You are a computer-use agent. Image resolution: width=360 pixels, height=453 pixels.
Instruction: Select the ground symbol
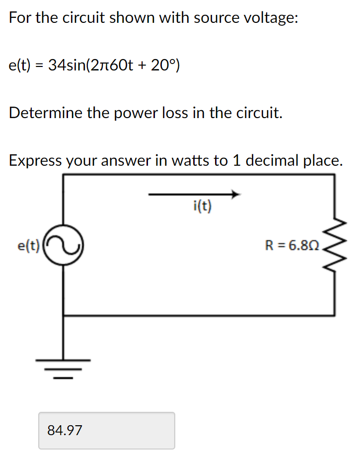coord(63,367)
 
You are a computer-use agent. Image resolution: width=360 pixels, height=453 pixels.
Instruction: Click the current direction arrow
coord(194,194)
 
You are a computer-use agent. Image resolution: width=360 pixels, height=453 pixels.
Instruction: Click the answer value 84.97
coord(65,430)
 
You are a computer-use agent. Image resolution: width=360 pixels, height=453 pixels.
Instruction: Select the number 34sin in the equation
coord(67,65)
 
